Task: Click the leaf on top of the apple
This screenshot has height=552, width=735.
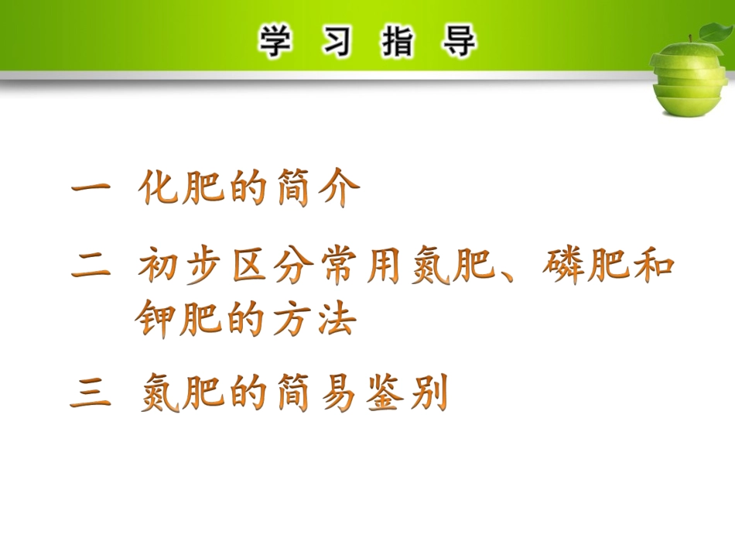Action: tap(713, 33)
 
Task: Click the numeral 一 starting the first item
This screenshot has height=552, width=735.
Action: tap(91, 190)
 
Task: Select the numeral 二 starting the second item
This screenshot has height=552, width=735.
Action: tap(91, 268)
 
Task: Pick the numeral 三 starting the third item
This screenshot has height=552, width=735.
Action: tap(91, 396)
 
